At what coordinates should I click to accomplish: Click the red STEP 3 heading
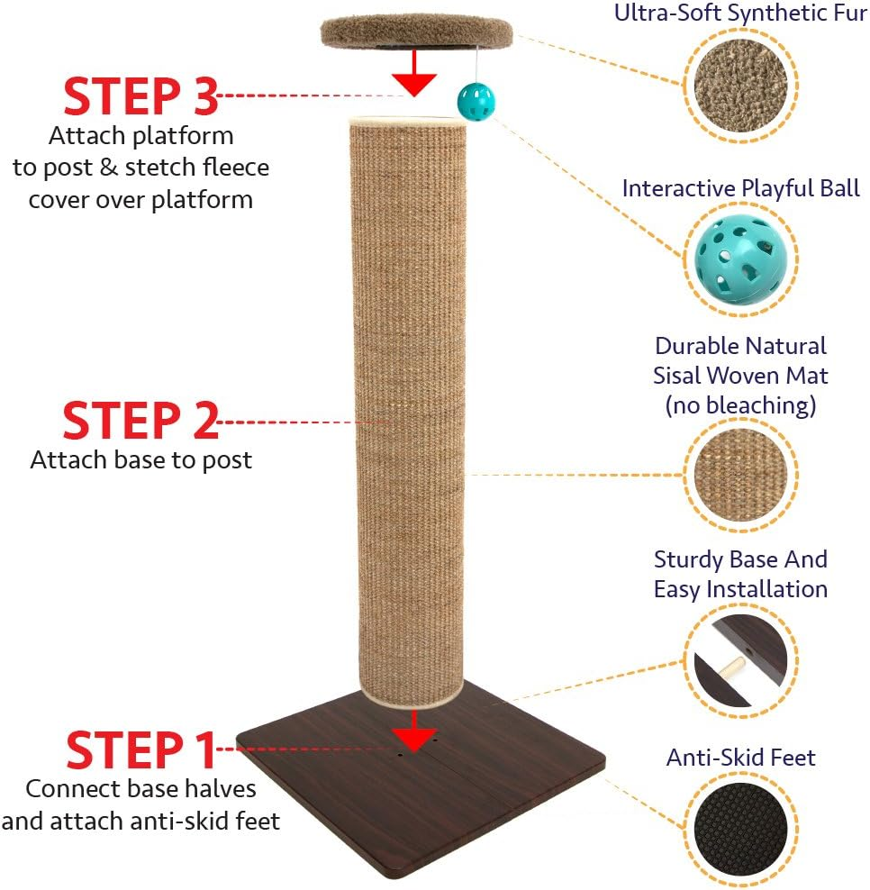(x=140, y=97)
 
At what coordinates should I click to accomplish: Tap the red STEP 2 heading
(x=140, y=421)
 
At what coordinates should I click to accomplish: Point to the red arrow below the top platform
(x=415, y=73)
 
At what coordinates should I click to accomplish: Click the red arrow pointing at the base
(x=415, y=730)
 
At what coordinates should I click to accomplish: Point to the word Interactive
(x=678, y=188)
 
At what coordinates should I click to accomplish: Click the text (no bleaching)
(x=740, y=405)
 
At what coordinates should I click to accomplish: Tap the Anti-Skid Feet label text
(x=740, y=758)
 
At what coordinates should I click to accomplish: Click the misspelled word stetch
(x=157, y=168)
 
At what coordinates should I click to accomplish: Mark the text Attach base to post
(x=140, y=459)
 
